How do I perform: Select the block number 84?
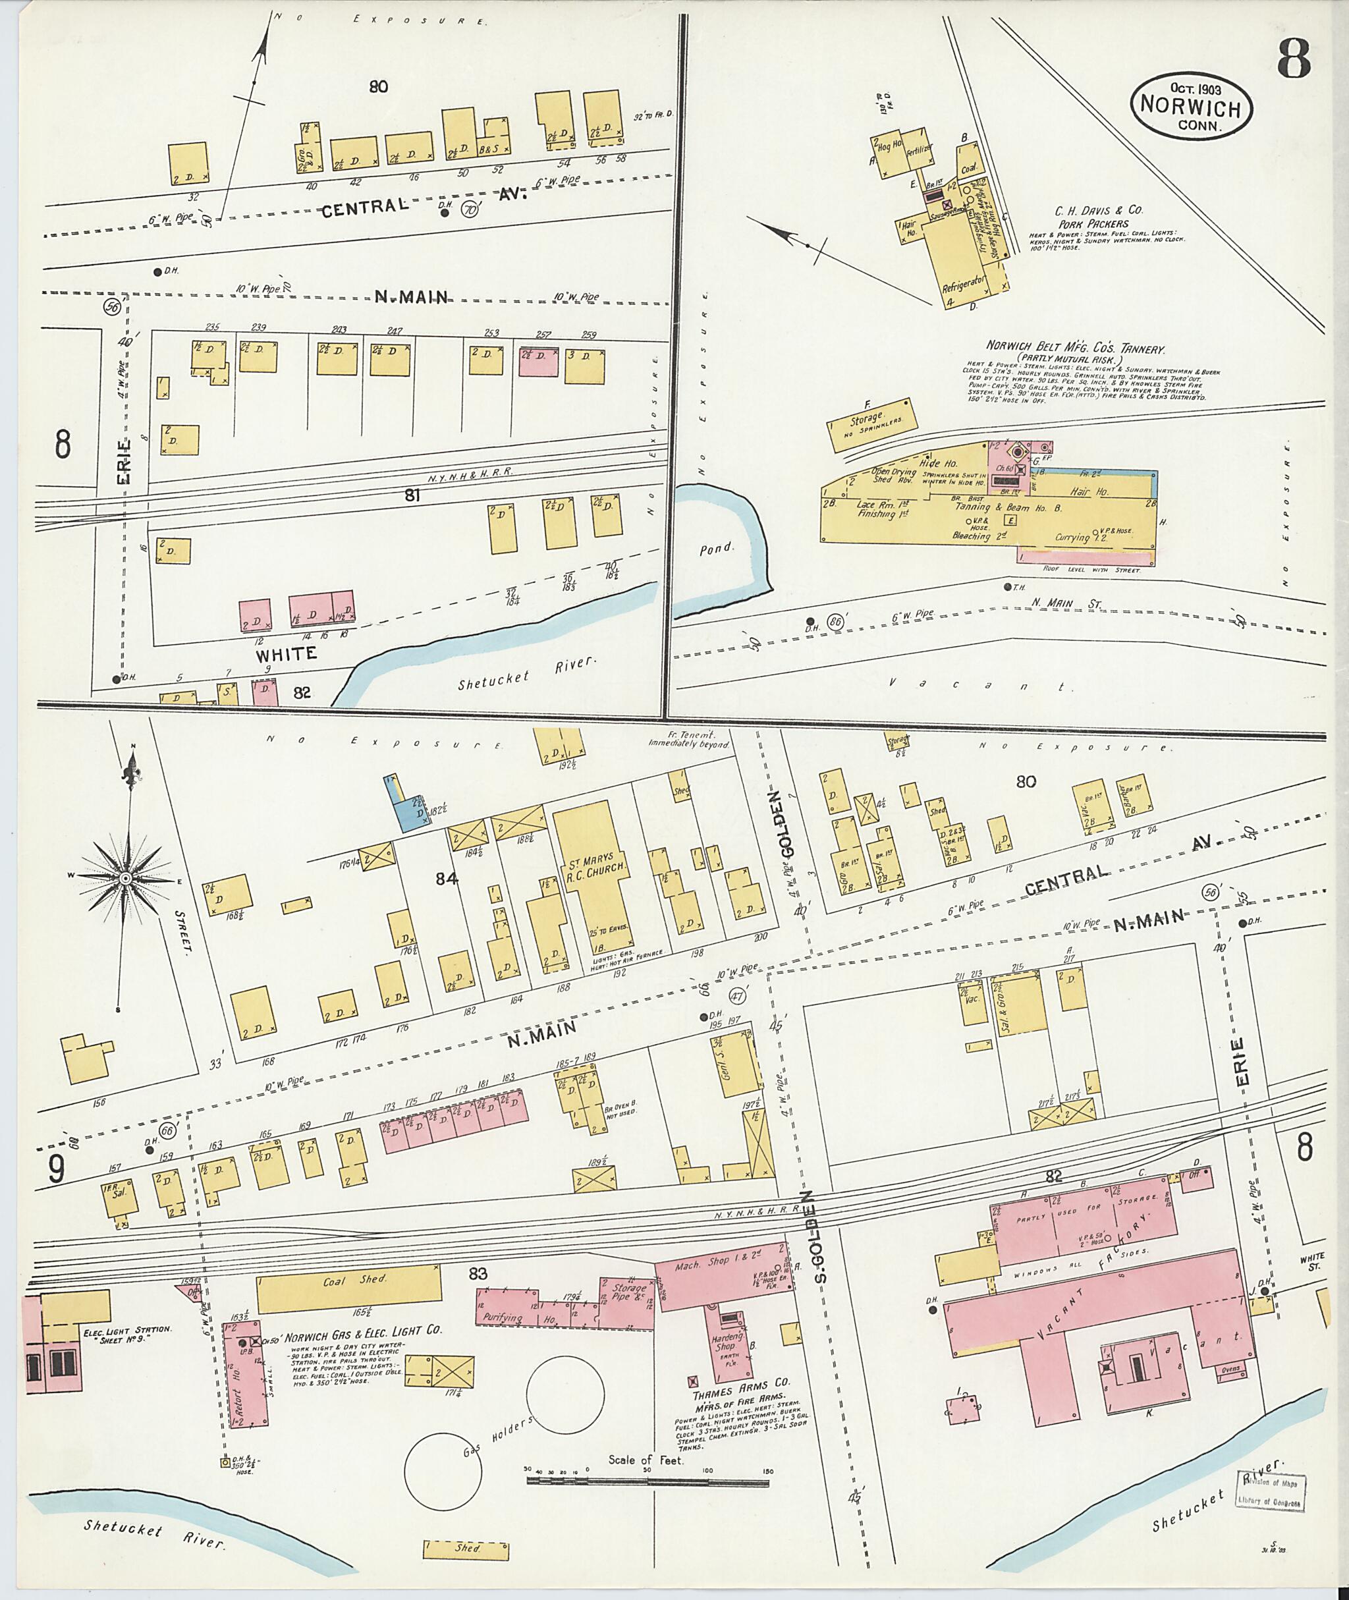click(x=446, y=879)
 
